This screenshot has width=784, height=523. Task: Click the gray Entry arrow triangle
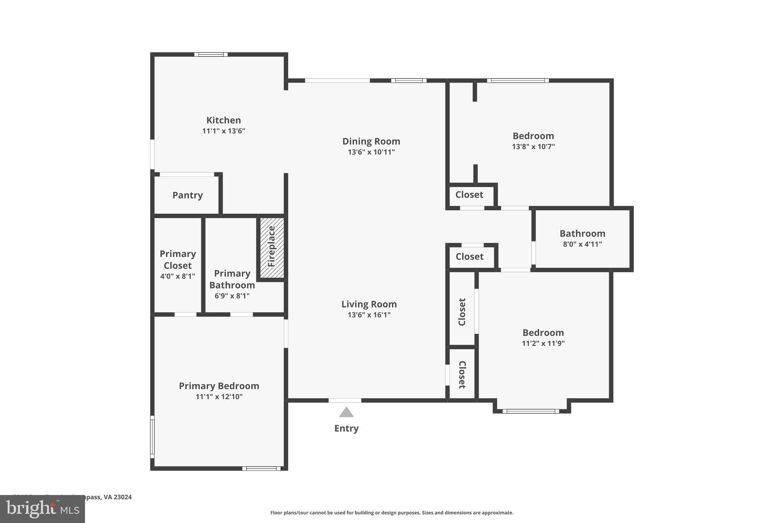click(x=346, y=413)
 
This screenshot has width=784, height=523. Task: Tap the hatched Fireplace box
click(x=272, y=247)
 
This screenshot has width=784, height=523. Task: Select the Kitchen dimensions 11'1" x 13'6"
click(x=224, y=131)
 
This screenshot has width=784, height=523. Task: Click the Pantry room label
click(x=187, y=195)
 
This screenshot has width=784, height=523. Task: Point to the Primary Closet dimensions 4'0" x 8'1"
click(x=178, y=276)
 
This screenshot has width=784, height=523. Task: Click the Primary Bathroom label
click(x=232, y=279)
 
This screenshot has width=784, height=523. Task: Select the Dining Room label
click(x=371, y=141)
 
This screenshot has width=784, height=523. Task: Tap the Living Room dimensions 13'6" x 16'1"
click(x=369, y=315)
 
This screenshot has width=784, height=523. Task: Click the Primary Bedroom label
click(x=219, y=386)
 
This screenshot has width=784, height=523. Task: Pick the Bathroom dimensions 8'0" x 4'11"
click(x=582, y=244)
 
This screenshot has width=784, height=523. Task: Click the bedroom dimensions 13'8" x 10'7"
click(x=533, y=146)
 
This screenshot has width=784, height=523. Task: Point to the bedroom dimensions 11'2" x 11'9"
click(x=543, y=343)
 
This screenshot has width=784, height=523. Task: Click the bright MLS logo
click(x=42, y=509)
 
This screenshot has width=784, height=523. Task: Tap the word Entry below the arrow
click(x=346, y=428)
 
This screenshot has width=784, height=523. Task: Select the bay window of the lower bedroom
click(x=531, y=411)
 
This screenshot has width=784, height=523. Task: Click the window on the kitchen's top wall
click(x=211, y=54)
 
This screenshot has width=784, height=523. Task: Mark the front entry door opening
click(x=345, y=400)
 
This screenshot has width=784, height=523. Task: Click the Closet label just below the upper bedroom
click(x=469, y=195)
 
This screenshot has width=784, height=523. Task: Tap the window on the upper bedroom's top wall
click(x=518, y=80)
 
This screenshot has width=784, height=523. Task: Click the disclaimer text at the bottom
click(x=392, y=513)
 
